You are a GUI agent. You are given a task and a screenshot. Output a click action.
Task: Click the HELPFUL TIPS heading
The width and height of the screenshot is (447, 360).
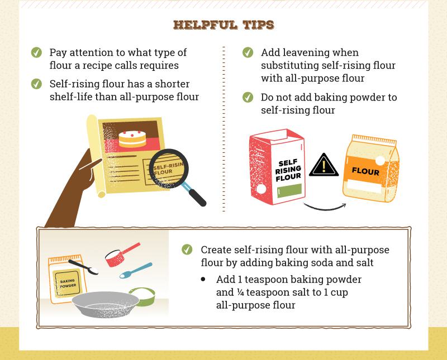point(223,25)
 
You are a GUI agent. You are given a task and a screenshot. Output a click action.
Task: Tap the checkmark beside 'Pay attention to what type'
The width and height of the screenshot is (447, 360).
point(36,53)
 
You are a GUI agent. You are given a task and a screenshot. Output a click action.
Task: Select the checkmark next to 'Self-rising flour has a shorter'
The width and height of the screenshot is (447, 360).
point(36,84)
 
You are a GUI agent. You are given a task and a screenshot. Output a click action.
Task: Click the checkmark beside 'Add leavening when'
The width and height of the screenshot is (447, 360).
point(248,53)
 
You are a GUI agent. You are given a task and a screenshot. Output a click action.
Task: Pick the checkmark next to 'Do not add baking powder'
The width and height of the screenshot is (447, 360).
point(248,98)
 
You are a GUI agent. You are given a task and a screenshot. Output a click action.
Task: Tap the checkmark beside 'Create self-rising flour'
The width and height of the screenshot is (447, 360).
point(187,249)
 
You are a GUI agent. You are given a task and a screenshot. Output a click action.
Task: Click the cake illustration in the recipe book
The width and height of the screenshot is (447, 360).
point(132,137)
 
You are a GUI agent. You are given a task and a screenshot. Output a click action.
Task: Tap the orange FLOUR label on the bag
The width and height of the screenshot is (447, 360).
point(365,171)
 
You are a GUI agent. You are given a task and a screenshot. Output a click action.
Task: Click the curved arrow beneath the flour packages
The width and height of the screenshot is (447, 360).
point(324,208)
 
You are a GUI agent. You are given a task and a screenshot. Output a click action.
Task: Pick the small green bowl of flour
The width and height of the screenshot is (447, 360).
point(142,296)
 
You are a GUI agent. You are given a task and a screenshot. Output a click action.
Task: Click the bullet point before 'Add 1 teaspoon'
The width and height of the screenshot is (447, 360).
point(203,279)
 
